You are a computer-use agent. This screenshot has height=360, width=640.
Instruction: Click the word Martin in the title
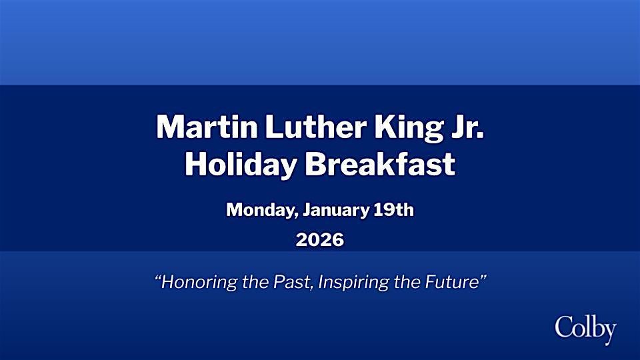click(197, 127)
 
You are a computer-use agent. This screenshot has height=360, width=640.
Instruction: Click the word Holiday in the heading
click(238, 164)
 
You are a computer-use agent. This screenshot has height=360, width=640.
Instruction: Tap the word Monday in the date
click(261, 211)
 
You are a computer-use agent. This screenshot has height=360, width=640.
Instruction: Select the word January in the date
click(335, 211)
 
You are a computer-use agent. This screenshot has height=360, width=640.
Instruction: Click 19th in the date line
click(393, 211)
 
